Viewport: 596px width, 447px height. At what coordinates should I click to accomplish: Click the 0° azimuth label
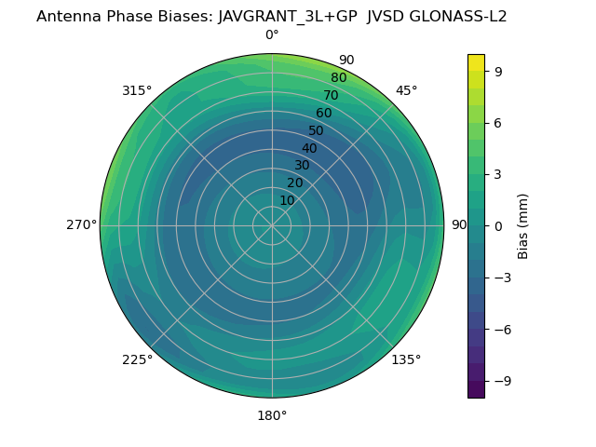(x=272, y=35)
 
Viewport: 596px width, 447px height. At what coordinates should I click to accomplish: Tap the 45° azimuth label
(x=407, y=90)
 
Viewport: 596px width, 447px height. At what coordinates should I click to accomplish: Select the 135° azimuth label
(x=406, y=359)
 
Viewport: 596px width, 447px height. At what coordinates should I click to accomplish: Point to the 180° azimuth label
(x=272, y=415)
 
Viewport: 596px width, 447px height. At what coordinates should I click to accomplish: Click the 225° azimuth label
(x=137, y=359)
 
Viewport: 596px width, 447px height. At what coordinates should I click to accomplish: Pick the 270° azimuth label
(x=81, y=225)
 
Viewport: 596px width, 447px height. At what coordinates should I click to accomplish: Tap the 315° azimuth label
(x=137, y=90)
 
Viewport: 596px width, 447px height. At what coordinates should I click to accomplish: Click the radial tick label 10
(x=287, y=200)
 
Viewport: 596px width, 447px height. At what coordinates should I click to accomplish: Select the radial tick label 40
(x=309, y=149)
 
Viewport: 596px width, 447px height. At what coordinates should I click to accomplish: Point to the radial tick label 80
(x=338, y=78)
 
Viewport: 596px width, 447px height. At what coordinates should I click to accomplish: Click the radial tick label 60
(x=323, y=114)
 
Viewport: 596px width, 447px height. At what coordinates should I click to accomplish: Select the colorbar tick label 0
(x=499, y=225)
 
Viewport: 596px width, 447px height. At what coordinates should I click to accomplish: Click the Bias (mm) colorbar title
(x=523, y=225)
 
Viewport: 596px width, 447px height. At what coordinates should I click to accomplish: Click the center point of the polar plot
(x=272, y=225)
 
